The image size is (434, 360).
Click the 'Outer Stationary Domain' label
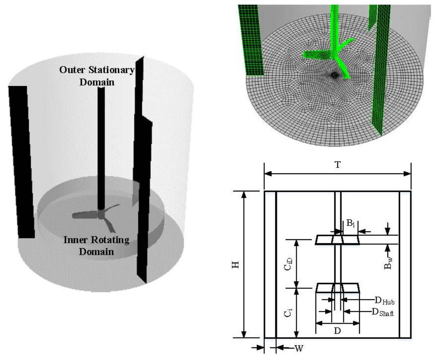(97, 75)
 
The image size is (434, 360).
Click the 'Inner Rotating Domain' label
(97, 246)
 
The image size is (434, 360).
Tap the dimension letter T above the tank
(337, 165)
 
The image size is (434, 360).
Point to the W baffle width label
(300, 348)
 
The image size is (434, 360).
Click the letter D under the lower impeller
(337, 330)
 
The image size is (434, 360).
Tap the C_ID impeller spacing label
(288, 264)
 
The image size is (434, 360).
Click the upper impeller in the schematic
(337, 240)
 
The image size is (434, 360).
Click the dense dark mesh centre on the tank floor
(334, 75)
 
